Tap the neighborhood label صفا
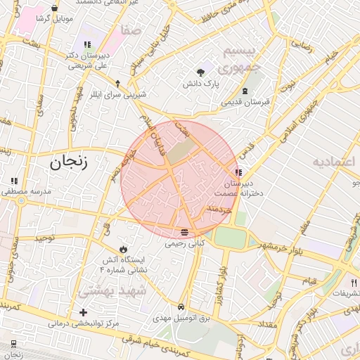131,32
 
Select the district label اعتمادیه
334,163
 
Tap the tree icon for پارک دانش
201,72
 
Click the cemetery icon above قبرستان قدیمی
245,91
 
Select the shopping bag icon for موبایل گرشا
54,8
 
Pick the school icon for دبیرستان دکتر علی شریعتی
86,45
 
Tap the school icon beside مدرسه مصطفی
14,181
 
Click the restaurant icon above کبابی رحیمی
184,232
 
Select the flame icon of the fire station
124,248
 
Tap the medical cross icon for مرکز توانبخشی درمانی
84,312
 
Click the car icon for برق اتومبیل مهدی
182,307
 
